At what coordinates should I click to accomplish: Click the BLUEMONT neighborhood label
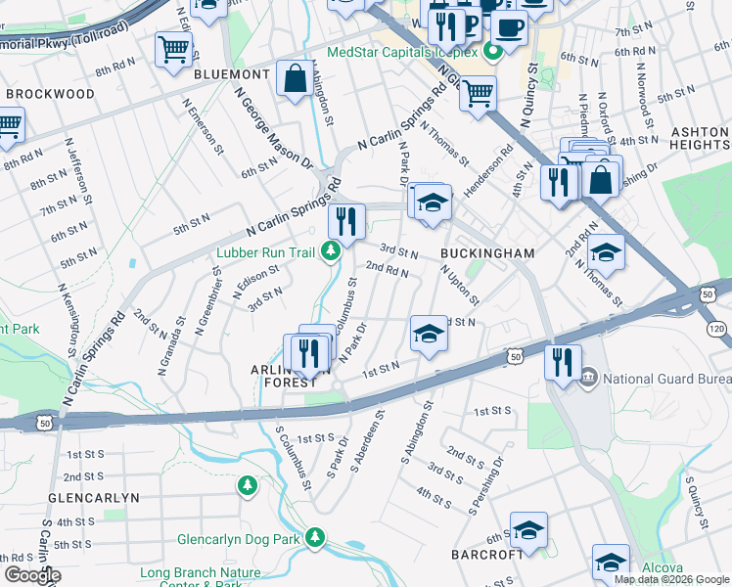(231, 74)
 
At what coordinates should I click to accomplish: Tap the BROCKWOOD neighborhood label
(50, 94)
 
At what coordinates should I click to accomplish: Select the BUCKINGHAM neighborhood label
(487, 253)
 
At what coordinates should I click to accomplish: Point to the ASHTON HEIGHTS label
(699, 138)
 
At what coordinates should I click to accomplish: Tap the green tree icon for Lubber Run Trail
(332, 253)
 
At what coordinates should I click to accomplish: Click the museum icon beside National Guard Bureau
(589, 378)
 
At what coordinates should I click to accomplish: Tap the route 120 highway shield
(717, 330)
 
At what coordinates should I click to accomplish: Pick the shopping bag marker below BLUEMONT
(295, 80)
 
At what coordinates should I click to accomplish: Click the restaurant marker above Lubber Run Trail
(345, 221)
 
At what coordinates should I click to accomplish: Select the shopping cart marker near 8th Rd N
(173, 48)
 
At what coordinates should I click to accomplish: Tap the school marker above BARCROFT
(528, 530)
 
